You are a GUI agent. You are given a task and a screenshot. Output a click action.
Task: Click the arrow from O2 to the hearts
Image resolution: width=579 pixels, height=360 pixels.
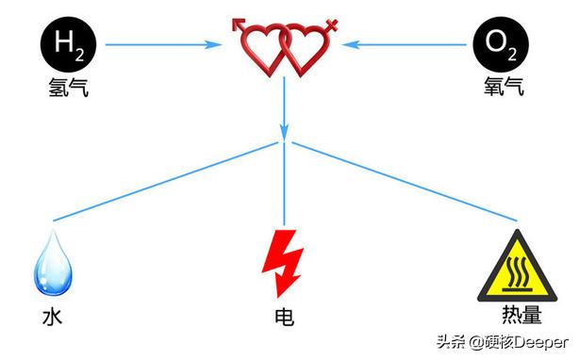click(x=410, y=43)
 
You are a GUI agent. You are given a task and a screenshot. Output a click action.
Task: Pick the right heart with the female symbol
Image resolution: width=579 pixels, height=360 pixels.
click(x=306, y=47)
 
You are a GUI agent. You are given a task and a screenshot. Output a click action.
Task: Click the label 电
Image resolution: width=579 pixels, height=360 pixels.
click(x=283, y=317)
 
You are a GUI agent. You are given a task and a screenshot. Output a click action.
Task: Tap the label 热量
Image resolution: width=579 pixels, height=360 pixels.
click(x=514, y=311)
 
